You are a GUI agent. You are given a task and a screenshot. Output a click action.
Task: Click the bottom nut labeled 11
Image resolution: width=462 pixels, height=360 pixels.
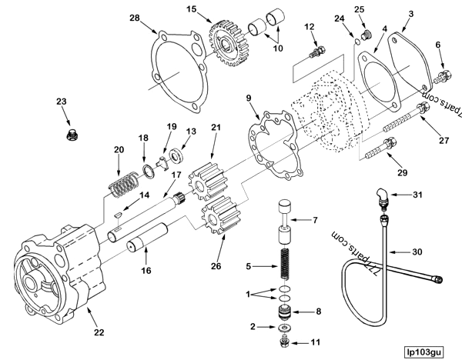284,341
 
